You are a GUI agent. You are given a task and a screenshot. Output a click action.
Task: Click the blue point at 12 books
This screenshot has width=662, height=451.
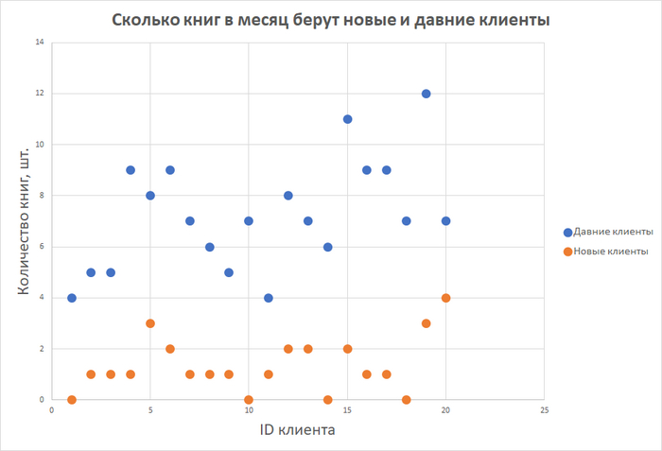[426, 94]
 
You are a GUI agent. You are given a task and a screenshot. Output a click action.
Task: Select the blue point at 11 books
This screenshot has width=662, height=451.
[347, 119]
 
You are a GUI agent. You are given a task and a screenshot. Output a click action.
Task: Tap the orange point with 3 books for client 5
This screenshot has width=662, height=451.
[150, 323]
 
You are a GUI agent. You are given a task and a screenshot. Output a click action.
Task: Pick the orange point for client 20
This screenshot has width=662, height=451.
[445, 298]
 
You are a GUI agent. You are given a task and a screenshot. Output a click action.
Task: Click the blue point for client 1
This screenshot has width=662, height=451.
[72, 298]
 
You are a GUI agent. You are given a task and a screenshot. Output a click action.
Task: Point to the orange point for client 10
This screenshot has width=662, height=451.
[249, 400]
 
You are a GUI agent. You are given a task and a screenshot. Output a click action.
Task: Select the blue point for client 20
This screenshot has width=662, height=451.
[445, 221]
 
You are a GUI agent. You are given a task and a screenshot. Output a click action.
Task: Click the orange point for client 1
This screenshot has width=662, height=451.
[72, 400]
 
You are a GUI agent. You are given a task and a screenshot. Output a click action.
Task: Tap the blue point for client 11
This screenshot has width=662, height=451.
[269, 298]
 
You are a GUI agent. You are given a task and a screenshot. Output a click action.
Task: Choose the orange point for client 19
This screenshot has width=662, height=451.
[426, 323]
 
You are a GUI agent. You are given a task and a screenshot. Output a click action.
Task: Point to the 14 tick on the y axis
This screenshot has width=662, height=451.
[39, 43]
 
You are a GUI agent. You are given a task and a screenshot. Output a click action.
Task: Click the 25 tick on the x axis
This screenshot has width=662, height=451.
[544, 411]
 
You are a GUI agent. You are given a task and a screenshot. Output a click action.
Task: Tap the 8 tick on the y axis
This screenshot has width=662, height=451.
[41, 196]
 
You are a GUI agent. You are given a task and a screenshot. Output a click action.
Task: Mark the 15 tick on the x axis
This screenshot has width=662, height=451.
[347, 411]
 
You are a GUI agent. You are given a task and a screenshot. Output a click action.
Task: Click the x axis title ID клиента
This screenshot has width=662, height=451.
[298, 431]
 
